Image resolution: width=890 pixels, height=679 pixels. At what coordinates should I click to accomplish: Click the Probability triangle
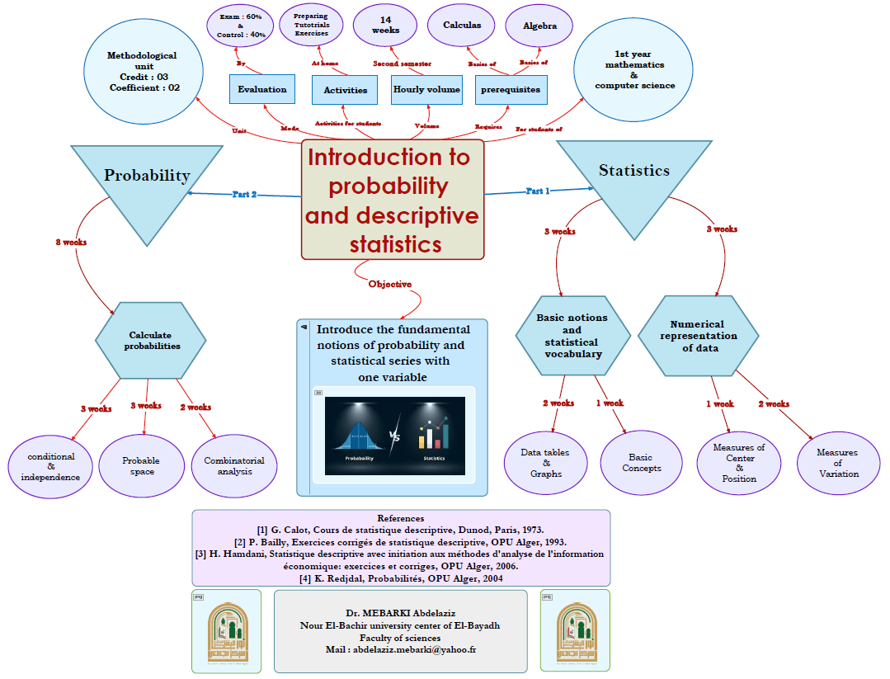(x=147, y=182)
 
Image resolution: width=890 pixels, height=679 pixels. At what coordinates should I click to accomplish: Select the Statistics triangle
(x=633, y=177)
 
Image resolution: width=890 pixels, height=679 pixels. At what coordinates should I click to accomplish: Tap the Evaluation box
(x=262, y=89)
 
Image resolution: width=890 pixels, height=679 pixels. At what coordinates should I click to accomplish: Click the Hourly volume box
(x=426, y=89)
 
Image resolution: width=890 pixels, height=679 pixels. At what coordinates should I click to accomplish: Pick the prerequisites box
(x=511, y=89)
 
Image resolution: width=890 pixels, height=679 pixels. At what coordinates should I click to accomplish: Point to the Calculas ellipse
(x=462, y=26)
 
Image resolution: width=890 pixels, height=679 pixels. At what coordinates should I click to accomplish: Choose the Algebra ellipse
(x=540, y=26)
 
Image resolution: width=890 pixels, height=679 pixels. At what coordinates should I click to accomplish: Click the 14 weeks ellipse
(x=385, y=26)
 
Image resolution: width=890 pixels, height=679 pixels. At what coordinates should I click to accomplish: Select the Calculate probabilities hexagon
(x=150, y=341)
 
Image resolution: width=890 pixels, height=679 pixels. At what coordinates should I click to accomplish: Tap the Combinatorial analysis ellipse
(x=234, y=466)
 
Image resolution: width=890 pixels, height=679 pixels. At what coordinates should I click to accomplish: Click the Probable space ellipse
(x=141, y=466)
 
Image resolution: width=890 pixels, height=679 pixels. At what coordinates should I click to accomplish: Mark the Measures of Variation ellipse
(x=837, y=463)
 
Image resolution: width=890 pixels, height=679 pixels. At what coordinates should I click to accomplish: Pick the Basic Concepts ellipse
(x=641, y=463)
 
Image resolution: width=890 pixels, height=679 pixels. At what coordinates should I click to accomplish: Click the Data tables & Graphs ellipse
(x=546, y=463)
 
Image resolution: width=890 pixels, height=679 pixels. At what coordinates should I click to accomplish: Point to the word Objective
(x=390, y=284)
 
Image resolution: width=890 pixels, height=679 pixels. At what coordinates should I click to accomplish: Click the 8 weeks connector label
(x=71, y=243)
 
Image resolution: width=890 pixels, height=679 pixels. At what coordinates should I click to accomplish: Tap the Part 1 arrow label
(x=537, y=191)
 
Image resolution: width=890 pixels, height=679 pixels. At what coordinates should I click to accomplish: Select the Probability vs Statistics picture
(x=394, y=436)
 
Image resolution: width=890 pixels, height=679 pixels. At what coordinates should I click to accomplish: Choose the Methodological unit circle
(x=142, y=72)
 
